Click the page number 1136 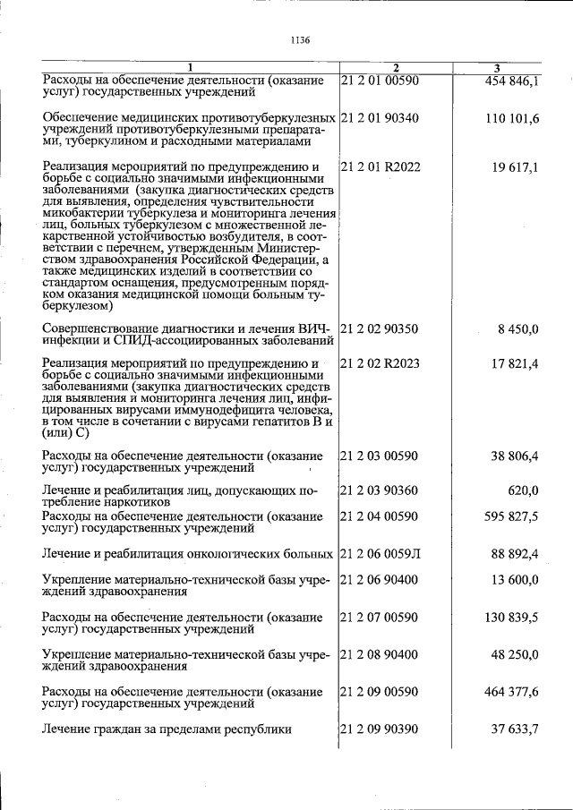point(300,39)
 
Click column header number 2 point(396,68)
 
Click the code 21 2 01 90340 point(381,118)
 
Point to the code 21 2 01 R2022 point(381,166)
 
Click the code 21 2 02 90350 point(381,329)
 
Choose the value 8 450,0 point(518,329)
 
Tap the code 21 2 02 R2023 point(381,363)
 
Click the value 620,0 point(522,490)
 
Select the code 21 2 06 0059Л point(381,554)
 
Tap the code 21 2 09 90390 point(381,729)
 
